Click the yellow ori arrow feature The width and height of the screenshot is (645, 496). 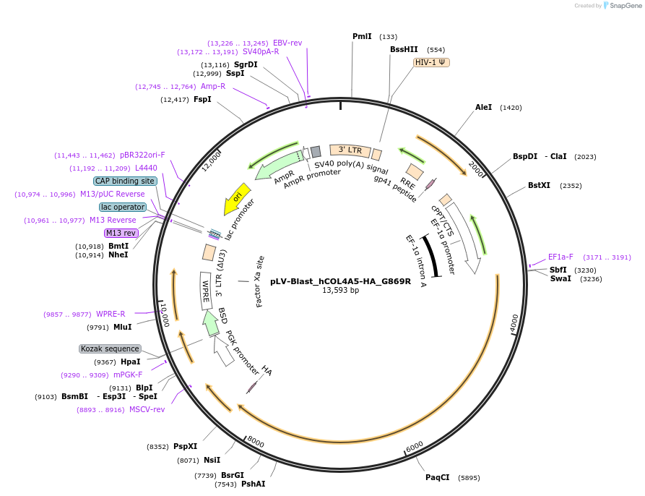coord(236,197)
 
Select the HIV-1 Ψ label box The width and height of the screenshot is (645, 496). coord(431,62)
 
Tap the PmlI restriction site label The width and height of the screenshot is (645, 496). coord(362,36)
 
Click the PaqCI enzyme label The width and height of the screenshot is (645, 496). coord(438,477)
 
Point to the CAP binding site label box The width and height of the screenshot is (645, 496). coord(124,181)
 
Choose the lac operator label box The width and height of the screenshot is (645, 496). coord(123,207)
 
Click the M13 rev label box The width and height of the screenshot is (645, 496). coord(121,233)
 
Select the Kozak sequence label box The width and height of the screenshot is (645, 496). coord(109,349)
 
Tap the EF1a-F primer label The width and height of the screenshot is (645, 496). coord(560,257)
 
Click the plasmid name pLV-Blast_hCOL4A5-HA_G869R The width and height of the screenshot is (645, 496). coord(340,281)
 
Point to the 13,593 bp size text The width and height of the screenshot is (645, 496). coord(340,291)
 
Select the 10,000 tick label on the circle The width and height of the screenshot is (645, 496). coord(165,315)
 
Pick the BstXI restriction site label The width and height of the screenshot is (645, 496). coord(539,185)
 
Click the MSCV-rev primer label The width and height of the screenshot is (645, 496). coord(147,409)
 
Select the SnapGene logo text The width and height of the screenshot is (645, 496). coord(620,5)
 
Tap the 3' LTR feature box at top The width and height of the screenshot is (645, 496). coord(350,150)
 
